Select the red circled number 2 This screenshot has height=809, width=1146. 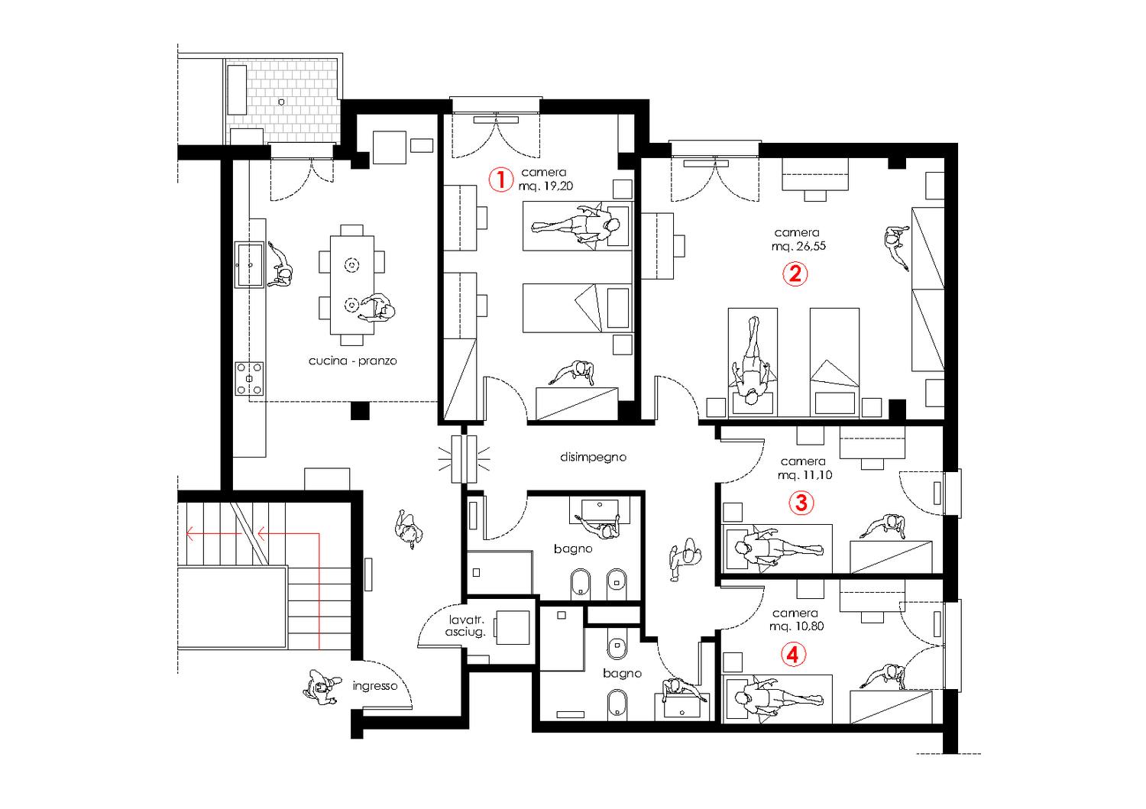(795, 273)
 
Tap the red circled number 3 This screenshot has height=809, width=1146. (801, 503)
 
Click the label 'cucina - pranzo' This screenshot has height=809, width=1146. (352, 361)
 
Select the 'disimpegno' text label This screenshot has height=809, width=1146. (593, 457)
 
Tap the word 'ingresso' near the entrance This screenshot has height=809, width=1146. (375, 685)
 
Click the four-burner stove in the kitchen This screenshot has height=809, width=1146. (250, 379)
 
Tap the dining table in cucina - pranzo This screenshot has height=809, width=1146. (352, 284)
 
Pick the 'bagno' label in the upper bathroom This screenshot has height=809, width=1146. (573, 549)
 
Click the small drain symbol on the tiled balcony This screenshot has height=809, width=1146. (282, 101)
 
